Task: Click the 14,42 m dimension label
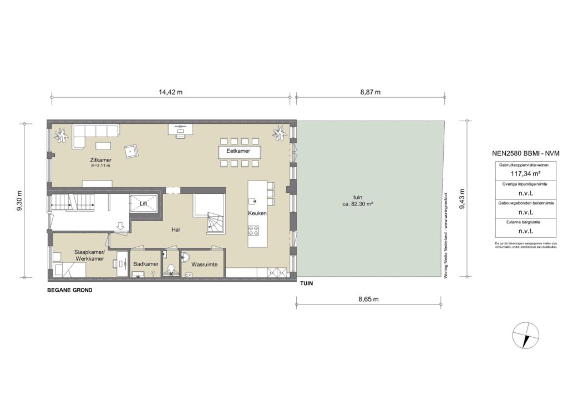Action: [170, 92]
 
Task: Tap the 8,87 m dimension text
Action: [370, 92]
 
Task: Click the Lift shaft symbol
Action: [143, 203]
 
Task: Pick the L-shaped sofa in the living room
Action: [92, 134]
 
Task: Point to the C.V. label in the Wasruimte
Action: [188, 275]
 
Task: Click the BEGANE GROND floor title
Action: [70, 291]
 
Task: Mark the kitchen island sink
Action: [253, 201]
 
